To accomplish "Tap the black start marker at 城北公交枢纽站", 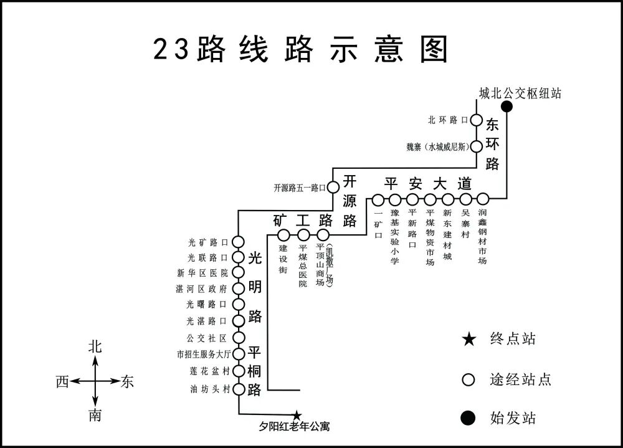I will pos(507,107).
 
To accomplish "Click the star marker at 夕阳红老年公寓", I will pos(297,415).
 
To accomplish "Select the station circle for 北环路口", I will pos(476,120).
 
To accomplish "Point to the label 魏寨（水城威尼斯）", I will pos(437,147).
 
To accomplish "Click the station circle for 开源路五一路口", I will pos(333,186).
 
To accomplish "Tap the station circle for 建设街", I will pos(283,235).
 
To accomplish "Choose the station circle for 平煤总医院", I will pos(303,235).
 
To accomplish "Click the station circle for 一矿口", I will pos(378,200).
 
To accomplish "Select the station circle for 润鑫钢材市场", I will pos(483,199).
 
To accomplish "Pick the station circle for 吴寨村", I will pos(465,199).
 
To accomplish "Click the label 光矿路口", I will pos(209,242).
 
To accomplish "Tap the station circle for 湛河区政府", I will pos(237,288).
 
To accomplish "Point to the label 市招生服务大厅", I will pos(204,355).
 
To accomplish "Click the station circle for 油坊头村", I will pos(237,389).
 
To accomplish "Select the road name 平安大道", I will pos(427,184).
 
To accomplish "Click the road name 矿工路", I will pos(303,220).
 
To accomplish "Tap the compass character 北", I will pos(95,347).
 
